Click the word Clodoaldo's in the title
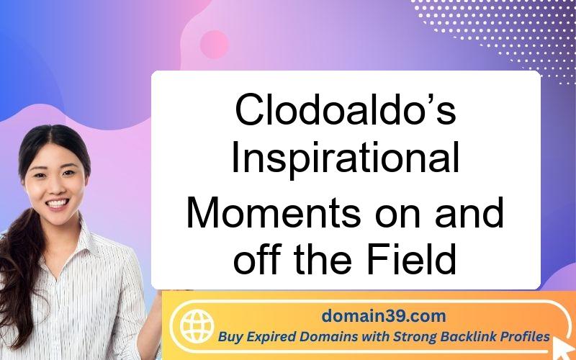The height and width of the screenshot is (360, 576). coord(346,109)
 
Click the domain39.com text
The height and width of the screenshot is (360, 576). coord(384,316)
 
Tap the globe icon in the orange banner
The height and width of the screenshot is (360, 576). coord(197,326)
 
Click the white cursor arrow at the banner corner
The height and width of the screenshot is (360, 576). coord(563,348)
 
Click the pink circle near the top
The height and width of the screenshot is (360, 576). coord(215,45)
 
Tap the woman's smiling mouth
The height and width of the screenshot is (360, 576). coord(58,203)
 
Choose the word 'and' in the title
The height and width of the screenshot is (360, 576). coord(469,214)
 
